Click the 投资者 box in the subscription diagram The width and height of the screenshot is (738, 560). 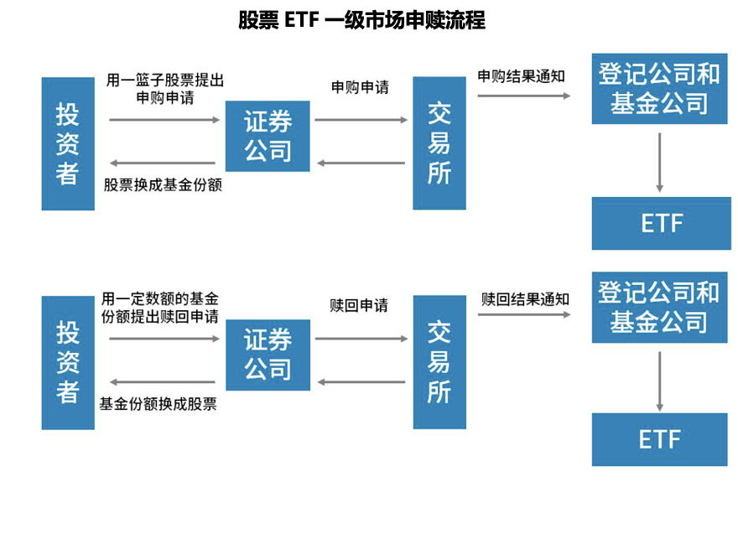[68, 143]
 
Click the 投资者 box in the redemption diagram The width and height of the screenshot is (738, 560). [68, 362]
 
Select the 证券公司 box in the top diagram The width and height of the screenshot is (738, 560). [268, 136]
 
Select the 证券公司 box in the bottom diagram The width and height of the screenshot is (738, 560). [268, 355]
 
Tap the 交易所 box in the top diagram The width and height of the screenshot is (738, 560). [439, 143]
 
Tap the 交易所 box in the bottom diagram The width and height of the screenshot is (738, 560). [439, 362]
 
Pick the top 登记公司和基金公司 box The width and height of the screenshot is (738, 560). [659, 88]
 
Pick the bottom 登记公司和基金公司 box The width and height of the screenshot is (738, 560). [659, 307]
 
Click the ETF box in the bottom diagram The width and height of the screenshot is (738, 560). [659, 439]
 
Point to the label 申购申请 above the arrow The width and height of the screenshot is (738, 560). [361, 87]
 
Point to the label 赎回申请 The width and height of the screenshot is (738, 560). [360, 305]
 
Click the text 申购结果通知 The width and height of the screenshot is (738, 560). [522, 76]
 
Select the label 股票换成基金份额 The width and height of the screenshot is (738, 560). [163, 184]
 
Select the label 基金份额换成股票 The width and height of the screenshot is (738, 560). [159, 403]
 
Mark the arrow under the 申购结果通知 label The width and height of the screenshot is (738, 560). [524, 96]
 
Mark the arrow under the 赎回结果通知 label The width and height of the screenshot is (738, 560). [525, 315]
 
